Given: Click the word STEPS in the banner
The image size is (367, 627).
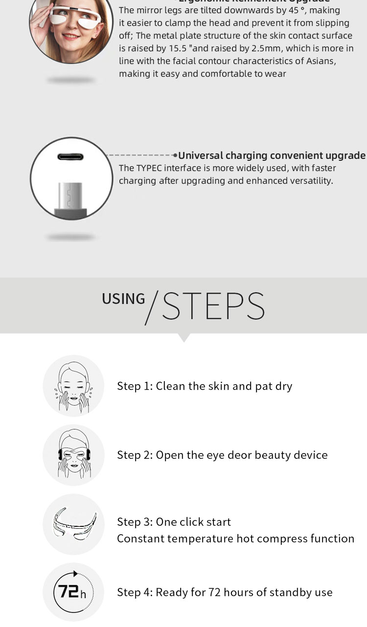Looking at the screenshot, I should [x=213, y=306].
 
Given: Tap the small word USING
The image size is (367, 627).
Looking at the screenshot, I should [x=123, y=299].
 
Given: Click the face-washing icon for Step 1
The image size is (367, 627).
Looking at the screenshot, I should [x=73, y=386].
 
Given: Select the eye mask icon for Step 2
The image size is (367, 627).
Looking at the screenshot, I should [x=73, y=455].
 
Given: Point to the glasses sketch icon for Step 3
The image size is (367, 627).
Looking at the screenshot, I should [x=73, y=524].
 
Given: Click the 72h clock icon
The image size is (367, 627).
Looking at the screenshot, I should [x=73, y=592].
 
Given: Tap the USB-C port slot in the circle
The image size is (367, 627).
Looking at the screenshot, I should [x=70, y=157].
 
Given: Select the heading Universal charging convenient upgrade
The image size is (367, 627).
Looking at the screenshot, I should [x=272, y=155].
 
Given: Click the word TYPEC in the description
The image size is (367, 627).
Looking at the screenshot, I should [x=149, y=168].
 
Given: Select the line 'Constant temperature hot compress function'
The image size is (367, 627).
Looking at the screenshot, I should [x=235, y=539].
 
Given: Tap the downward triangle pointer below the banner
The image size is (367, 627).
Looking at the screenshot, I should [x=183, y=337].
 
